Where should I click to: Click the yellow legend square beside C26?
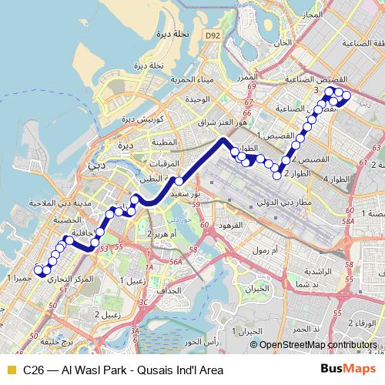coord(11,370)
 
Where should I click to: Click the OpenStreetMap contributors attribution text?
coord(318,345)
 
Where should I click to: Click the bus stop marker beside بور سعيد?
coord(179,181)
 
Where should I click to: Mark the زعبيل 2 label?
coord(102,314)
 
